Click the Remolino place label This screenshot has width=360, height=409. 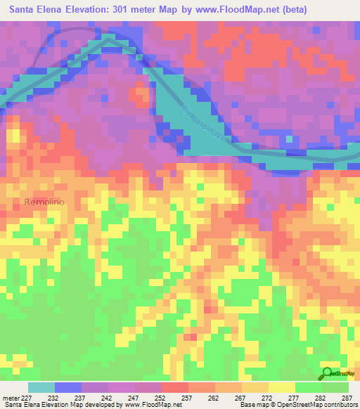pos(44,202)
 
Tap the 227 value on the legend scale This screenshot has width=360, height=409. pos(29,397)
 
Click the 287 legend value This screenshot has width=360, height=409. pos(347,397)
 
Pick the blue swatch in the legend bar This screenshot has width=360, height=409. pos(68,387)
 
